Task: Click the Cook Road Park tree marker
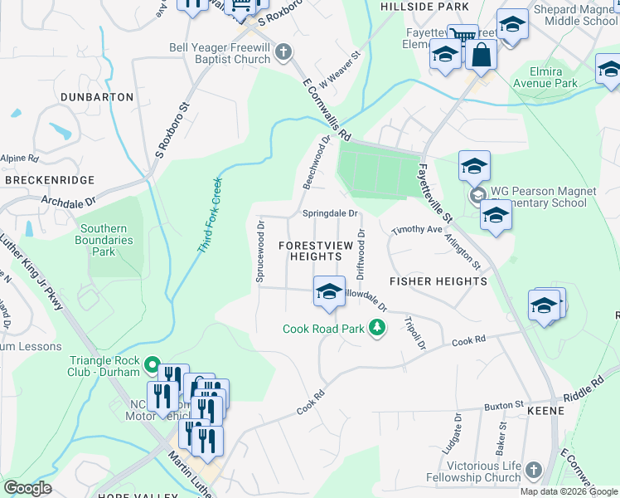(x=377, y=329)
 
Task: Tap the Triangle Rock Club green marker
(x=152, y=364)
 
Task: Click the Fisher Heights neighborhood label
(x=438, y=281)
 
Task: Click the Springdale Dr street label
(x=329, y=213)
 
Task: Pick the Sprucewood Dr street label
(x=260, y=252)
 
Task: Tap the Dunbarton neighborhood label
(x=97, y=97)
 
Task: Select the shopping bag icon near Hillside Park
(x=481, y=55)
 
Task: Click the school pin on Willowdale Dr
(x=329, y=291)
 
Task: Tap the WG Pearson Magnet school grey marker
(x=477, y=197)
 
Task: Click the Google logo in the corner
(x=27, y=488)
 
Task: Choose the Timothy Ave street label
(x=418, y=229)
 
